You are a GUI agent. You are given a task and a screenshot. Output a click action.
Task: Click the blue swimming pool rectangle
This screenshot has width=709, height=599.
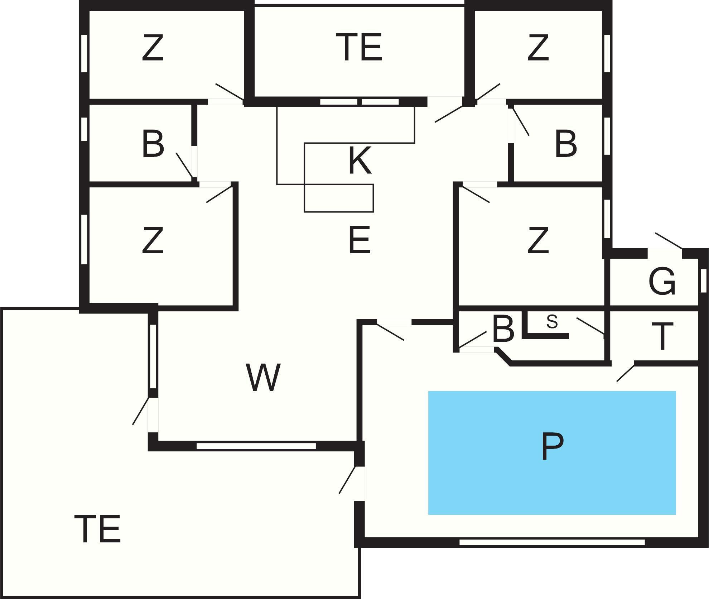coord(552,453)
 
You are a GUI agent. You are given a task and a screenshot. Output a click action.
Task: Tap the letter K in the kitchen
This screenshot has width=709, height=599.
coord(360,160)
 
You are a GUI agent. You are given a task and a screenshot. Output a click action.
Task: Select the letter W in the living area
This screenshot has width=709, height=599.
coord(263,377)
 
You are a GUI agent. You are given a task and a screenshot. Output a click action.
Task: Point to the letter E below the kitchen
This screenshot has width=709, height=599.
coord(359,240)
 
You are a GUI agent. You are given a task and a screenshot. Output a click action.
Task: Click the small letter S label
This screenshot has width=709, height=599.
coord(552,322)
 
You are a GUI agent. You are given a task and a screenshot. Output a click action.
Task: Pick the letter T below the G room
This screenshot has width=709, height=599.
coord(662,336)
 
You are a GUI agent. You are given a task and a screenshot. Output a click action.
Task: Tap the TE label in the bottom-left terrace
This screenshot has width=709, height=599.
coord(97,529)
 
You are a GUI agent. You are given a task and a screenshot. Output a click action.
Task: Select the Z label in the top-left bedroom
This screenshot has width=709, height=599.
coord(153,48)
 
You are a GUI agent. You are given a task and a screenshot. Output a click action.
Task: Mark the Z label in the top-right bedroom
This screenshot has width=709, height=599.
coord(538,48)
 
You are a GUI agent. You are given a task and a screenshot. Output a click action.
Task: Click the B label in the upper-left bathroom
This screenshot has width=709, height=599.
coord(153,143)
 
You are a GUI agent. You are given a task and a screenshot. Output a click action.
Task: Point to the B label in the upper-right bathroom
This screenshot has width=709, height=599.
coord(566,143)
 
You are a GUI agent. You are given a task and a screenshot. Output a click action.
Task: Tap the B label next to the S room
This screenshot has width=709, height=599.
coord(503,329)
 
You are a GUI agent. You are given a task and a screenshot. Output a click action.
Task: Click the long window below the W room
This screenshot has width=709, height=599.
coord(256,446)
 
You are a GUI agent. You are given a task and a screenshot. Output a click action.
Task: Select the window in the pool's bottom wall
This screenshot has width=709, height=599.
coord(552,542)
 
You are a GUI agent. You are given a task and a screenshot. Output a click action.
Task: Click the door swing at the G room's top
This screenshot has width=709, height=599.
coord(668,240)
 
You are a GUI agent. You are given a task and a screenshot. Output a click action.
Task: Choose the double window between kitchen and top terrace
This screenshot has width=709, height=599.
coord(359,102)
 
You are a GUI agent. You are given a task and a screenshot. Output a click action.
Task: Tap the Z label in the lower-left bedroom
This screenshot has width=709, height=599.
coord(153,240)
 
